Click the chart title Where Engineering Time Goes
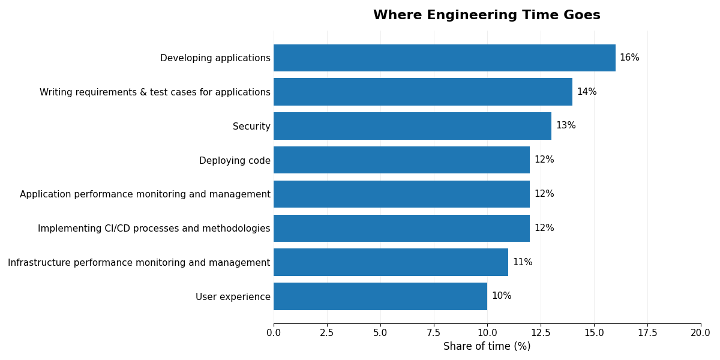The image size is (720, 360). point(487,16)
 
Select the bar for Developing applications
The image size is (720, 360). point(444,58)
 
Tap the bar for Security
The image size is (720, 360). point(412,126)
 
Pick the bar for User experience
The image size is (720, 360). point(380,296)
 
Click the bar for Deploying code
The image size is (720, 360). point(401,160)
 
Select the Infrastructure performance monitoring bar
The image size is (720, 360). point(391,262)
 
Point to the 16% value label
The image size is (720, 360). point(629,58)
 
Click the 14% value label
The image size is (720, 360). point(586,92)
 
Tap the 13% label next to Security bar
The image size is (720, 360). point(565,126)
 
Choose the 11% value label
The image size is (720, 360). point(522,262)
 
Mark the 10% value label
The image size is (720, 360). point(501,296)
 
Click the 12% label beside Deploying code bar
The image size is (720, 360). point(544,160)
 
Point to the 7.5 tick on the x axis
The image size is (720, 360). point(434,333)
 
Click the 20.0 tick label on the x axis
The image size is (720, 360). point(700,333)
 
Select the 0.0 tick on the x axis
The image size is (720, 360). point(274,333)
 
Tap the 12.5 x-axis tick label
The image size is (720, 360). point(541,333)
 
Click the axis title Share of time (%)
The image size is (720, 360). point(487,347)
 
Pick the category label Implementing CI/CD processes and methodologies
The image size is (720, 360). point(154,229)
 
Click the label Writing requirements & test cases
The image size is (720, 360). point(155,92)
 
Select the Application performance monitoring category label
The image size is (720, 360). point(145,194)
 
